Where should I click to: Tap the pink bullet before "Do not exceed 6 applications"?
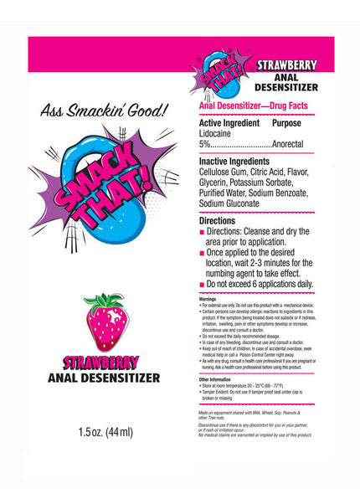tap(202, 285)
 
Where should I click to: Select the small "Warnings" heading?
tap(208, 298)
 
